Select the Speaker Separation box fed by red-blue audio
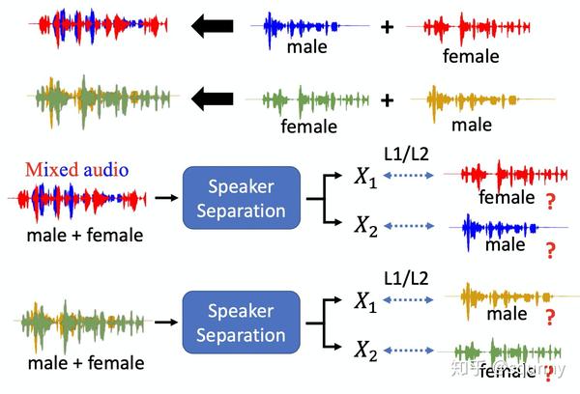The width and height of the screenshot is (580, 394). (242, 198)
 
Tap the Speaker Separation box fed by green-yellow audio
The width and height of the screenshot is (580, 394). (242, 323)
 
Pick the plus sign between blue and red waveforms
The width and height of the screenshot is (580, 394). (387, 27)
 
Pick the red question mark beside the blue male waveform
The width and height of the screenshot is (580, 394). (551, 251)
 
